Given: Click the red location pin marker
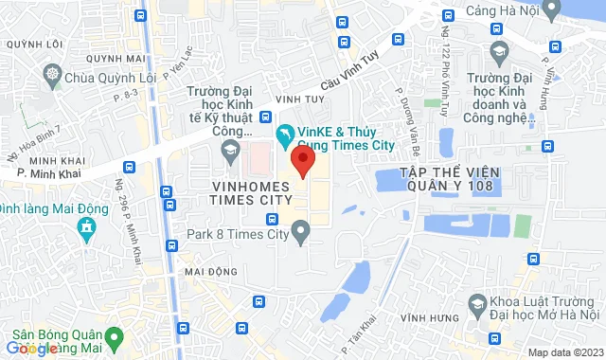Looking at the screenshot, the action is point(302,160).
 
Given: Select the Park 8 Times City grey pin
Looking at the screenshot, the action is point(301,230).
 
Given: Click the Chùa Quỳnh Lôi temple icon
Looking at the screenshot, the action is point(54,74).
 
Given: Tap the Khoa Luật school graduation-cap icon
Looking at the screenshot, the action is point(477,304).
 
